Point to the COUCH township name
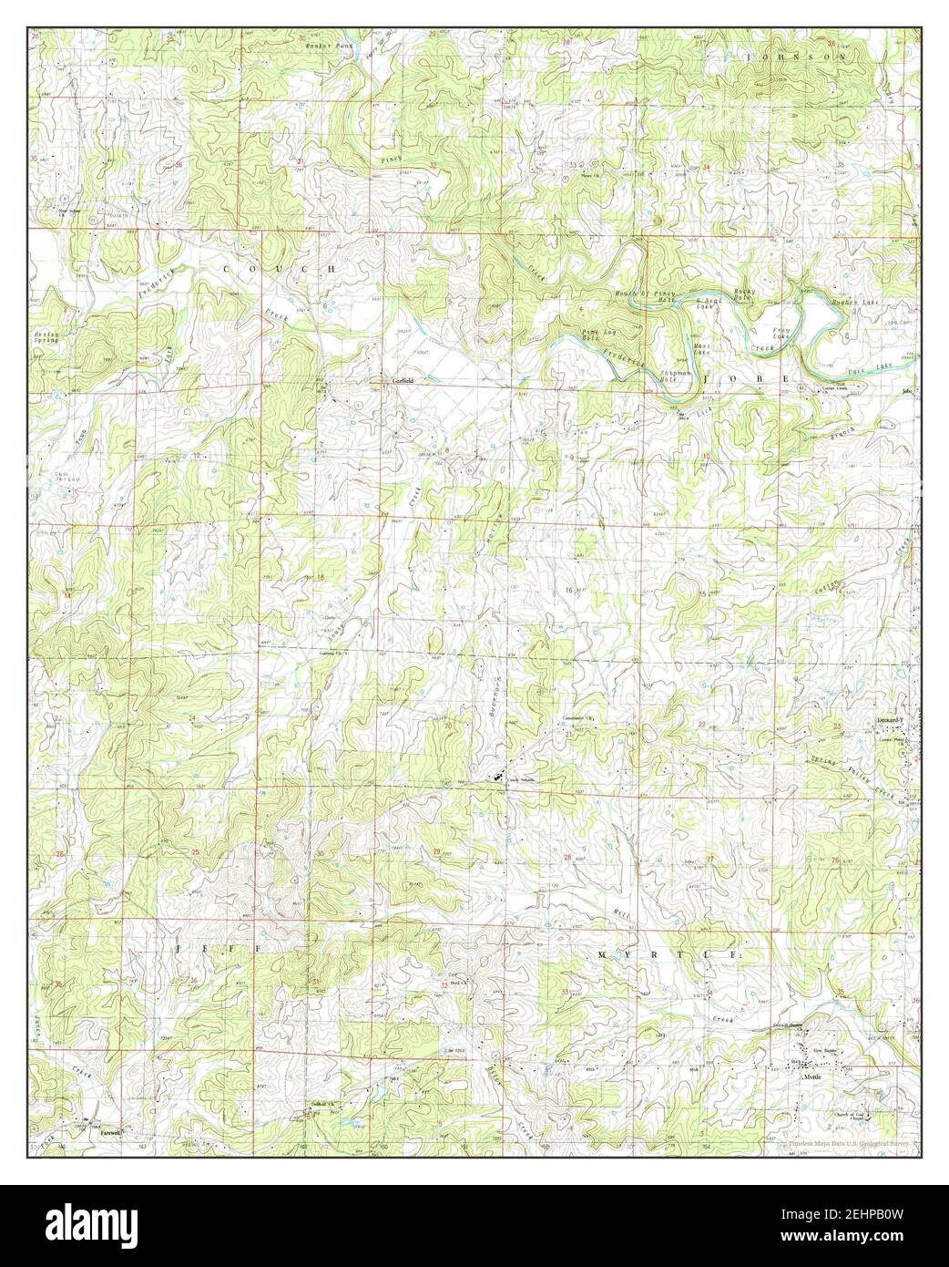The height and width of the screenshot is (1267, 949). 279,270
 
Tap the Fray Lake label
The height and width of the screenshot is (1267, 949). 781,334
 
